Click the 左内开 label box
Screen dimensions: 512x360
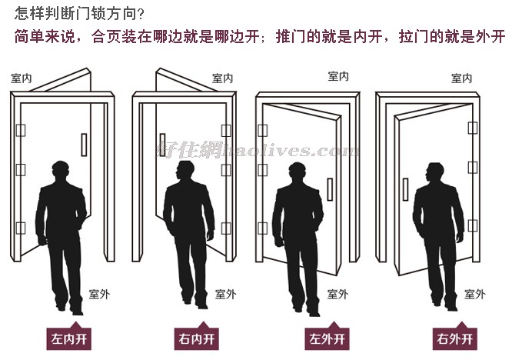(68, 338)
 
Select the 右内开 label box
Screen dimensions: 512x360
(196, 338)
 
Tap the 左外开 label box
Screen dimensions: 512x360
(327, 338)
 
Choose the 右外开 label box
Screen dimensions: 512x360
(454, 338)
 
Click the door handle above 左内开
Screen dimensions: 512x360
(84, 145)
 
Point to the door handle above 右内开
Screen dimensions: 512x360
(162, 145)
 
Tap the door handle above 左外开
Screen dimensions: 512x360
(330, 189)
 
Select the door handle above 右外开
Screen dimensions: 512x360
(406, 189)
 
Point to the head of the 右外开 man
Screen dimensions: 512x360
(434, 173)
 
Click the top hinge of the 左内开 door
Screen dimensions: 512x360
(21, 130)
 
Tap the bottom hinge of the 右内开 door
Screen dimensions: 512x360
(226, 228)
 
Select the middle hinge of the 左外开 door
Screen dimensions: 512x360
(262, 170)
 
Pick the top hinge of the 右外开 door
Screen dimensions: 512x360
(473, 128)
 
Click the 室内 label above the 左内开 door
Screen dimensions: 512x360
(22, 78)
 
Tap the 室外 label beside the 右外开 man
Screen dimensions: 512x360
(475, 294)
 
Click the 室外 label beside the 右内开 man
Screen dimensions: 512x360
(225, 294)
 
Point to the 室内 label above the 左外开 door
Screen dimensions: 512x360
(338, 76)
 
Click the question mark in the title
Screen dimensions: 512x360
(141, 15)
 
